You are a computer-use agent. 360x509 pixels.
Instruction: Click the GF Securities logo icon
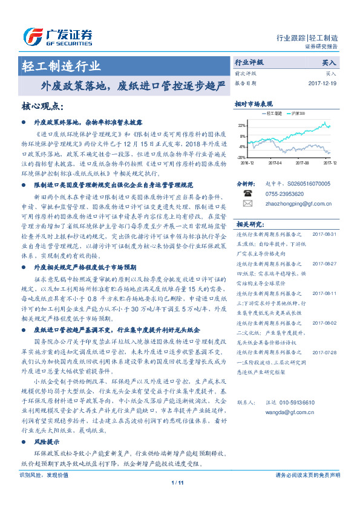(31, 36)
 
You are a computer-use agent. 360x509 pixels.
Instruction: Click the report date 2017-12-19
(323, 83)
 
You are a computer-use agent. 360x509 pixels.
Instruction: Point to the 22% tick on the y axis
(242, 126)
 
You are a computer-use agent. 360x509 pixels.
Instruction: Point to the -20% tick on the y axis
(241, 157)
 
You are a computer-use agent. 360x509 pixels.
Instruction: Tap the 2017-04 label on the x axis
(275, 162)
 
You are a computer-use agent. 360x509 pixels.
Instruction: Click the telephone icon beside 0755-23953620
(247, 194)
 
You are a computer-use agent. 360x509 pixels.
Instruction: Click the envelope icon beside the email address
(247, 204)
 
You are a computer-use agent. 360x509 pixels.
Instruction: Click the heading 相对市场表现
(254, 104)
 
